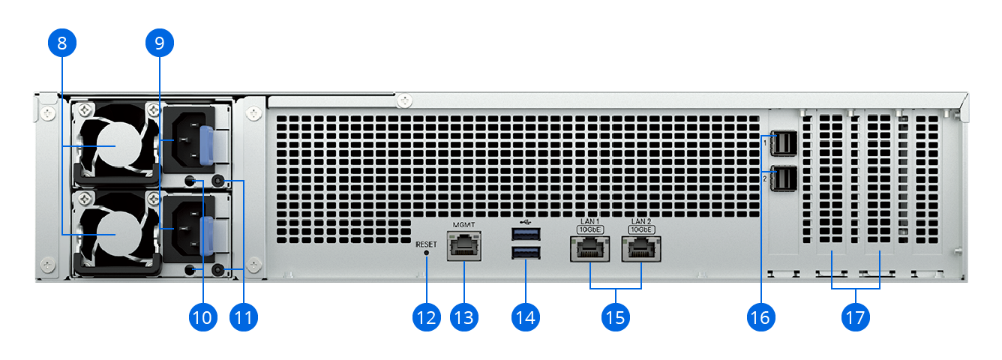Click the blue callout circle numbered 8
coord(62,43)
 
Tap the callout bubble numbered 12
coord(426,317)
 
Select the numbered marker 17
coord(855,317)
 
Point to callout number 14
coord(526,317)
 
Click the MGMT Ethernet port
coord(463,245)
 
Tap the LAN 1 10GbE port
coord(589,249)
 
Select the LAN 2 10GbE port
coord(641,249)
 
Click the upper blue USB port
coord(526,234)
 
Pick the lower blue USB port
coord(526,253)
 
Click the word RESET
coord(426,244)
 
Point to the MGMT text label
coord(463,224)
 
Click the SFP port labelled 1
coord(783,143)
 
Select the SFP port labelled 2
coord(783,178)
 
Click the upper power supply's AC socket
coord(187,140)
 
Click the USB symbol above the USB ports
coord(526,221)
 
